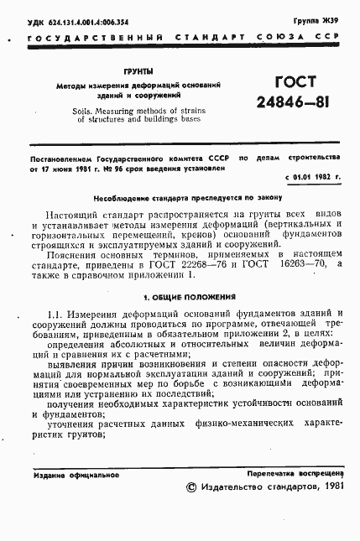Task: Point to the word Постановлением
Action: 66,157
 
